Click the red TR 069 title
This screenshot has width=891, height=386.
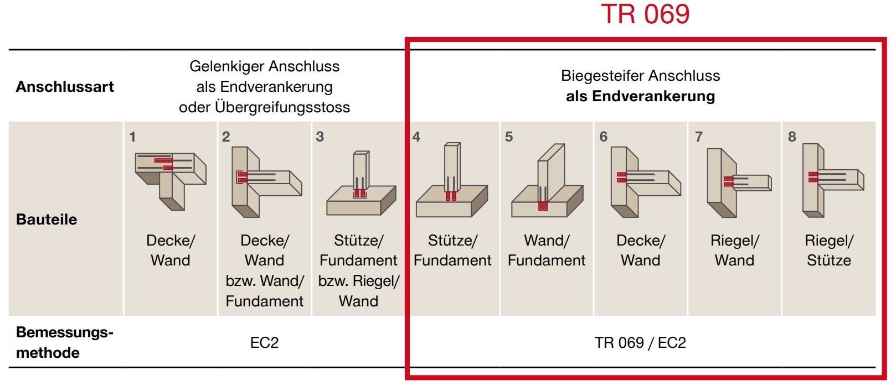tap(645, 14)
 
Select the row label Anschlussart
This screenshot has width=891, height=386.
tap(65, 87)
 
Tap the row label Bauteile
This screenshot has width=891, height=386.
tap(47, 220)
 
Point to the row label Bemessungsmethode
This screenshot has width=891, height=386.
tap(64, 342)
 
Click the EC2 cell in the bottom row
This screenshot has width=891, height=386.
tap(264, 343)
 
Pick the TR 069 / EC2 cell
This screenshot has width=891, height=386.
tap(640, 343)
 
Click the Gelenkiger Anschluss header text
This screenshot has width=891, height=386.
tap(264, 87)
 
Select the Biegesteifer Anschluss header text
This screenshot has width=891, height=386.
tap(640, 86)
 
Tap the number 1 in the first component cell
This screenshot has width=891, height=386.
tap(132, 137)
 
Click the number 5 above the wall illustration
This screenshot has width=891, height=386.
tap(509, 137)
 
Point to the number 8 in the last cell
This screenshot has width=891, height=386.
tap(792, 137)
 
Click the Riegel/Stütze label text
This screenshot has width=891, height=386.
tap(828, 251)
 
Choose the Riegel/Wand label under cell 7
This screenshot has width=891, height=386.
tap(734, 251)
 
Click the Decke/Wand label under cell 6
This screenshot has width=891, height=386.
tap(640, 251)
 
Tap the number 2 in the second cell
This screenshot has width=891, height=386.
tap(226, 137)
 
